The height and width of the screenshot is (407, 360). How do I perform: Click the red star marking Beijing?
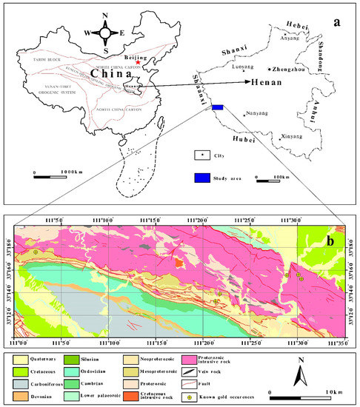coord(127,65)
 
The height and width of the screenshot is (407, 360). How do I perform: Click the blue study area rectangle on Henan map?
coord(218,107)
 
